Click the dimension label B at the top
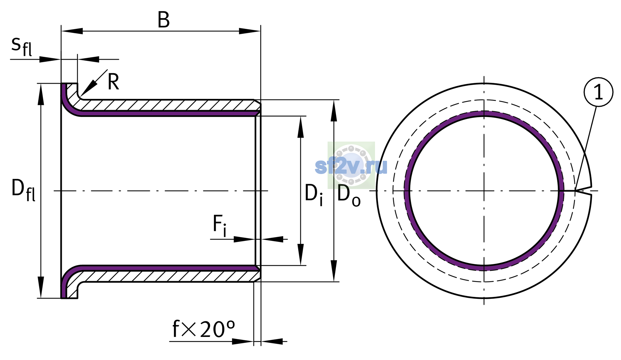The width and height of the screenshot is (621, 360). point(163,20)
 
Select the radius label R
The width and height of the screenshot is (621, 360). point(113,82)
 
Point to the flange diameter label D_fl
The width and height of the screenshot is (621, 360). point(23,190)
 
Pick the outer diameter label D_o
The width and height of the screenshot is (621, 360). point(349,196)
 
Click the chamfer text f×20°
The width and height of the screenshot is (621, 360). point(204,329)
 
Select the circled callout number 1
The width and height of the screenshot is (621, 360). point(598,92)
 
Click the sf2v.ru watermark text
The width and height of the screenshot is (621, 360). point(351,166)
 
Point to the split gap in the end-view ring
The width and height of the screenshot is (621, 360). point(583,191)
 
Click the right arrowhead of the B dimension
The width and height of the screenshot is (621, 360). point(250,31)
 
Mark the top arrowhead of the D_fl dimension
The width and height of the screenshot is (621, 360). point(41,94)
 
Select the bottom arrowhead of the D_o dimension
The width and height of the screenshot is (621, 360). point(334,271)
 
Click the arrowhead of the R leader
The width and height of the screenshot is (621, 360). point(89,88)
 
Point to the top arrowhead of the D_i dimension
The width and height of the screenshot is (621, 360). point(301,127)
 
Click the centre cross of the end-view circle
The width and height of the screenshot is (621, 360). point(484,191)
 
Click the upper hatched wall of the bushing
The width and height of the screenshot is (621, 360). point(168,105)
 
